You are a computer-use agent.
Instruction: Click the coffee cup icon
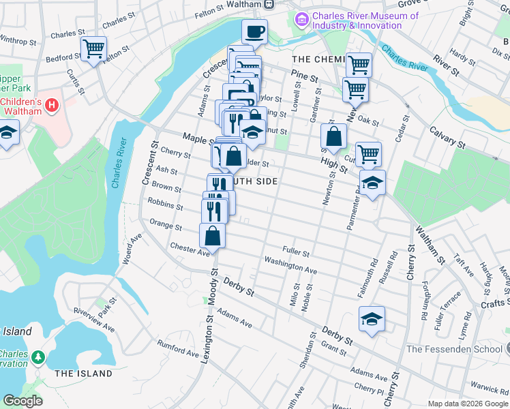254,31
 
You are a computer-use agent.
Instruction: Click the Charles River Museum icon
302,20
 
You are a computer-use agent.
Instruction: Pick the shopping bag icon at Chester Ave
212,236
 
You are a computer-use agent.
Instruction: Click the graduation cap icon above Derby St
372,319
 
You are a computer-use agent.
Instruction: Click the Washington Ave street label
290,265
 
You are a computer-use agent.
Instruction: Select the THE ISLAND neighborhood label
83,374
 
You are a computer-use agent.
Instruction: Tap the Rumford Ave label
177,348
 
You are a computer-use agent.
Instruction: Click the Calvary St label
447,136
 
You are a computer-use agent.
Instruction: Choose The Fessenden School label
453,349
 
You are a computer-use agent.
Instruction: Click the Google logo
22,401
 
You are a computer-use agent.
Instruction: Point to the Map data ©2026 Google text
467,404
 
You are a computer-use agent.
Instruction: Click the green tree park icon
39,357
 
